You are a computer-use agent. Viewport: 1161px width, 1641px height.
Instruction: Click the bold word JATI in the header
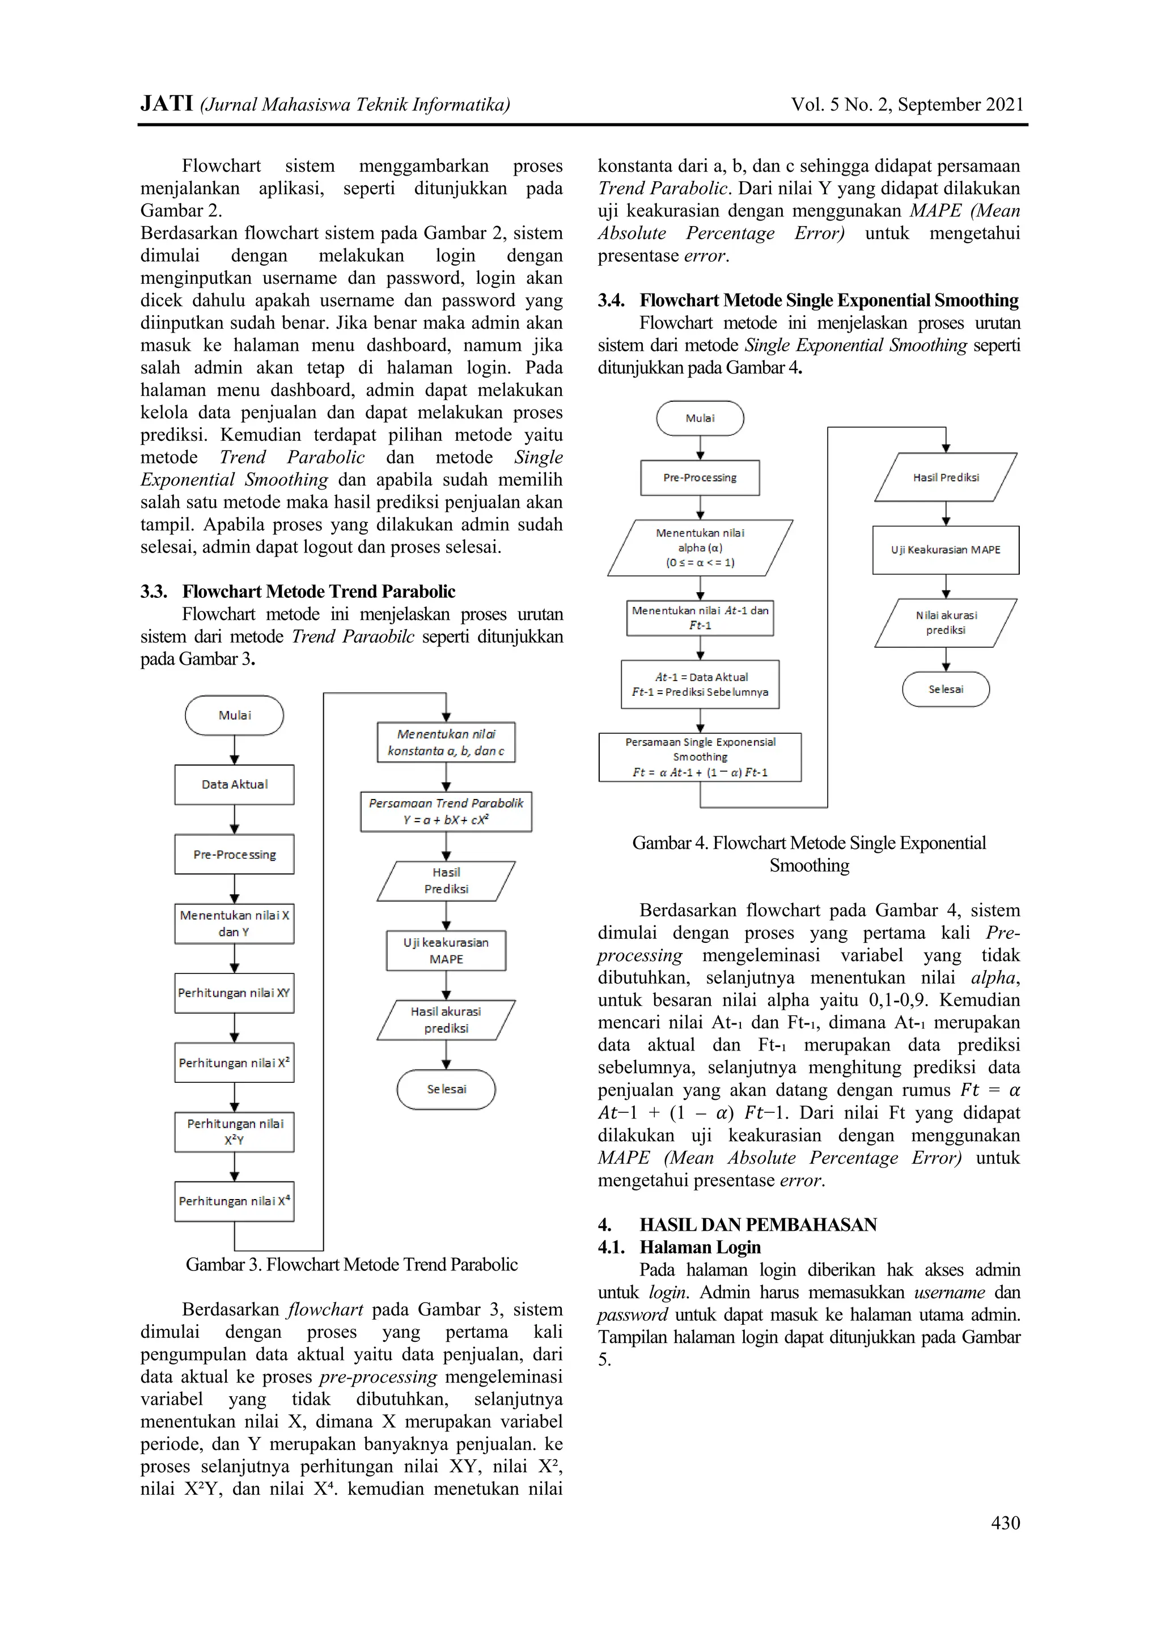click(x=167, y=104)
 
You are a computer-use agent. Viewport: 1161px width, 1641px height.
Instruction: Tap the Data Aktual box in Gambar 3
click(x=235, y=784)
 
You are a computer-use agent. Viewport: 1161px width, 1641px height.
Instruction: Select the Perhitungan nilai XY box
click(x=235, y=993)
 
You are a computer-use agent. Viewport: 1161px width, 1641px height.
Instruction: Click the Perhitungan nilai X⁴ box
click(x=235, y=1201)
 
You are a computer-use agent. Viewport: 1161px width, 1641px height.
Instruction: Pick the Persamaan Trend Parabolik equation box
click(x=446, y=811)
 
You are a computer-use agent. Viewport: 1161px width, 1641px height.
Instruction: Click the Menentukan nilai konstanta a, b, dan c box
click(x=446, y=742)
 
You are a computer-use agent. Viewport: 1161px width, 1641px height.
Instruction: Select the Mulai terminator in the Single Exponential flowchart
click(x=700, y=418)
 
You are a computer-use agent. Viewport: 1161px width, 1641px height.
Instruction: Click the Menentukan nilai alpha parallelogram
click(x=700, y=547)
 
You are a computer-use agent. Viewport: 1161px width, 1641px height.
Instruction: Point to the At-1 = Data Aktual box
click(x=700, y=684)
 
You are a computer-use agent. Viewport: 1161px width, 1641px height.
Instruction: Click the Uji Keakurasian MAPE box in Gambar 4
click(x=945, y=550)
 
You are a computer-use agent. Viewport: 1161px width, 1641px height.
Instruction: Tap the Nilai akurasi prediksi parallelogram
click(x=945, y=623)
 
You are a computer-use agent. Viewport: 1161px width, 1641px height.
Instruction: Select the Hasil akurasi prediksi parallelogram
click(x=446, y=1019)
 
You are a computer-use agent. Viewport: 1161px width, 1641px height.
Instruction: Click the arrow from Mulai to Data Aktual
click(x=235, y=750)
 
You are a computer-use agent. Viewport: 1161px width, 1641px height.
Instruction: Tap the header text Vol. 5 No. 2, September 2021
click(x=906, y=104)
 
